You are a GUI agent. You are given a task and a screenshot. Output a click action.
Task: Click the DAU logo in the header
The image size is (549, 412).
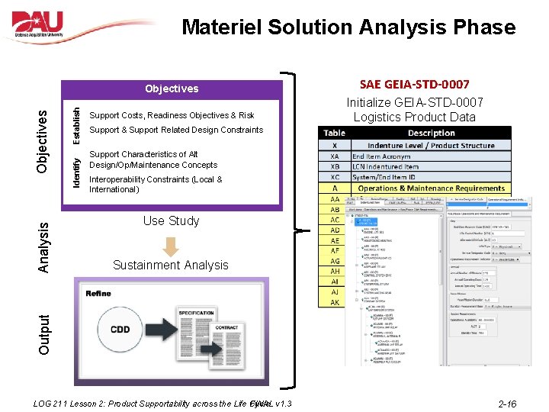[x=50, y=26]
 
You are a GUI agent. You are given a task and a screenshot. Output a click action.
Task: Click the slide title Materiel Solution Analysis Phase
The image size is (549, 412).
[x=348, y=28]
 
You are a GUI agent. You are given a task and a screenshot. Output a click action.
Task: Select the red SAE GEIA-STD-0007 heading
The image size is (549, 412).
[x=414, y=84]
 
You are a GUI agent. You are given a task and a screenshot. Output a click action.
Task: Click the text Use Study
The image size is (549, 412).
[x=171, y=220]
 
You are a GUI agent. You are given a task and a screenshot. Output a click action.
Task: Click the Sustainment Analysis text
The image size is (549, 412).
[x=171, y=265]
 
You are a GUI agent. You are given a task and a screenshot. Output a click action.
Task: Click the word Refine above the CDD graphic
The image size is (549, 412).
[x=99, y=293]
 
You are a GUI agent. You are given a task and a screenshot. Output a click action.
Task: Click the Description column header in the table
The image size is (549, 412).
[x=431, y=133]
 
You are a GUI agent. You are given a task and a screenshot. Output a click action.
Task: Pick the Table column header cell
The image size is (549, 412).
[x=334, y=133]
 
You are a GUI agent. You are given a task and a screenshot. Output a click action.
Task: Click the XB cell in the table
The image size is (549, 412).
[x=334, y=166]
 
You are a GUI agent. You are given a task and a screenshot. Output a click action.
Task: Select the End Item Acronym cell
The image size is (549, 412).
[x=380, y=156]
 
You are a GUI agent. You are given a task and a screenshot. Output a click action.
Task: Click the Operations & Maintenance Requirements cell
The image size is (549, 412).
[x=431, y=188]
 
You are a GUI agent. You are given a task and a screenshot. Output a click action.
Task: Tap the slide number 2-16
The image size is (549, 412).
[x=506, y=404]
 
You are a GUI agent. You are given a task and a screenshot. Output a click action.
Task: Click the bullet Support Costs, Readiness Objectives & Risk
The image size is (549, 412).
[x=172, y=115]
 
